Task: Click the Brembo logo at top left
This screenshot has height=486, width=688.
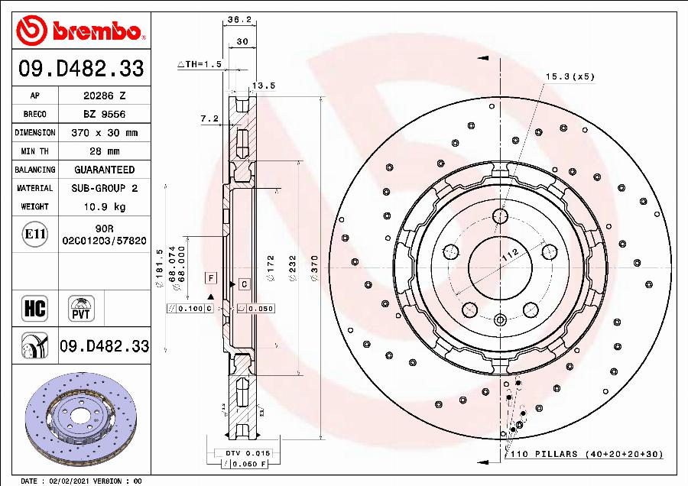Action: point(80,31)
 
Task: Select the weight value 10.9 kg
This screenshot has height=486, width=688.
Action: point(104,206)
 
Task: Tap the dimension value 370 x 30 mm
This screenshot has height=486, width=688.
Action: point(104,133)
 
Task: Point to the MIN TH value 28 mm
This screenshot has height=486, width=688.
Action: point(104,151)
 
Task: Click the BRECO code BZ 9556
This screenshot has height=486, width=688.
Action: point(104,115)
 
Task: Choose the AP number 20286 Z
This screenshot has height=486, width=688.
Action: point(104,96)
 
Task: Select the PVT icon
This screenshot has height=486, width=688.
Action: point(81,309)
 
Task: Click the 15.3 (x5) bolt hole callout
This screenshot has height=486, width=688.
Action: point(569,76)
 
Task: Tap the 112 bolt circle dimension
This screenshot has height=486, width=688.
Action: point(510,256)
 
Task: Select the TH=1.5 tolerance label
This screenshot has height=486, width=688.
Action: point(200,65)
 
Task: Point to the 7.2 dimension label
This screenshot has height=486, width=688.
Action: point(209,118)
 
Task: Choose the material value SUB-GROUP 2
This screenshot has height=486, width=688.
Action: point(104,188)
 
